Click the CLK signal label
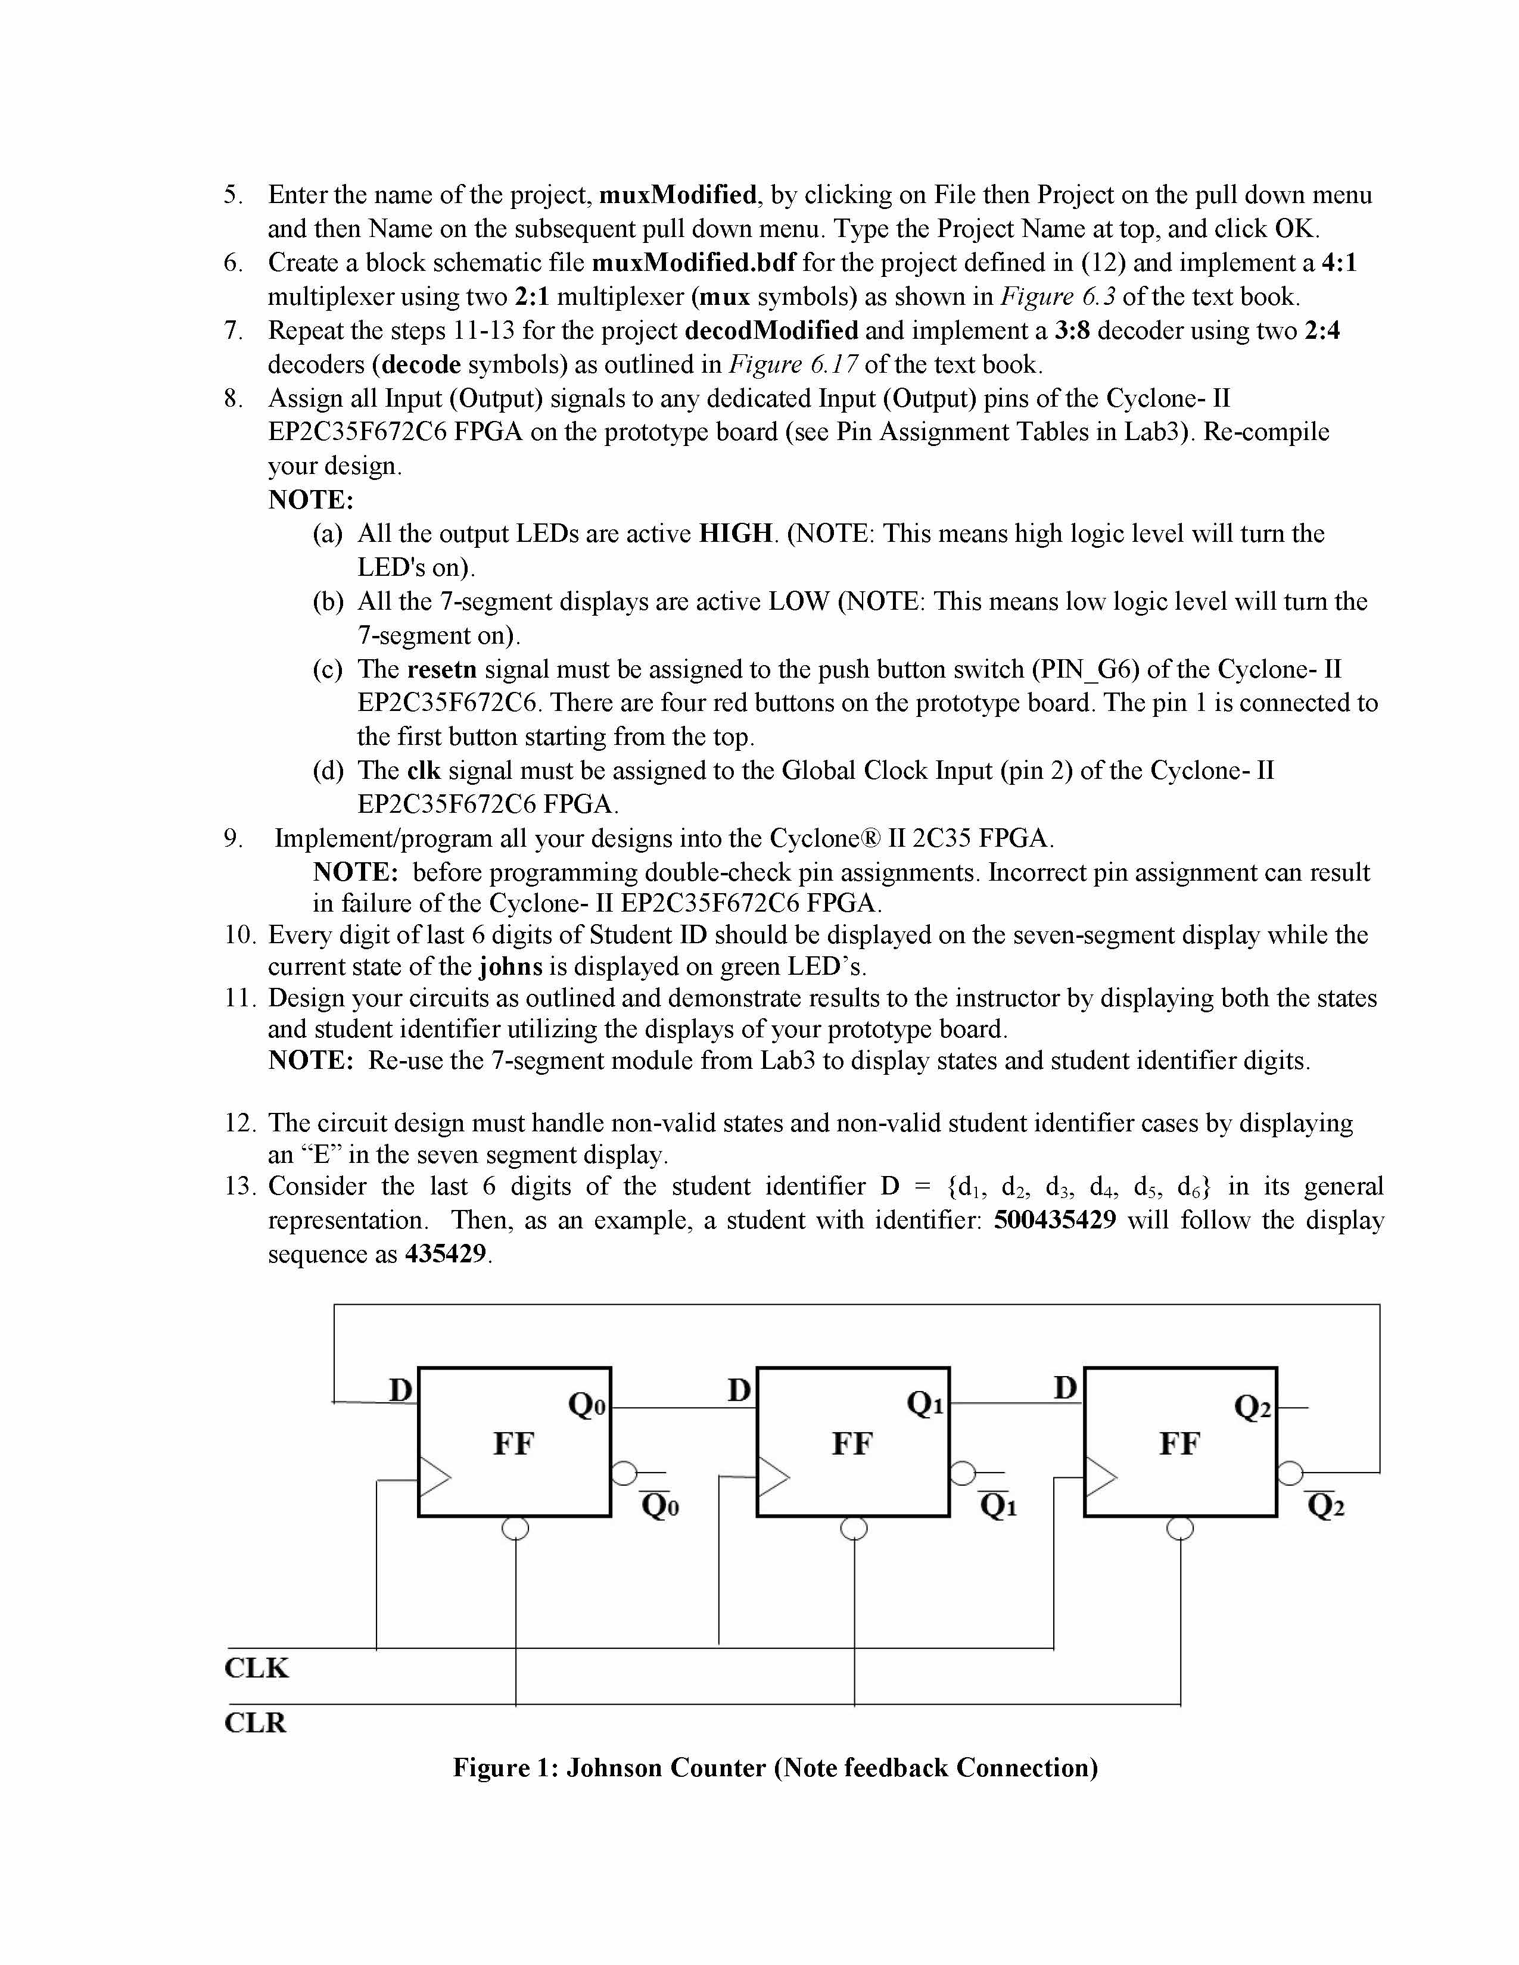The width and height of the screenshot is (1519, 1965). coord(257,1667)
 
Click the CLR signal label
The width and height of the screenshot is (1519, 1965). coord(255,1723)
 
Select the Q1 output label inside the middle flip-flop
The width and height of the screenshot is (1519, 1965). coord(925,1403)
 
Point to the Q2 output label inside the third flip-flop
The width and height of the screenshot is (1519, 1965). coord(1252,1406)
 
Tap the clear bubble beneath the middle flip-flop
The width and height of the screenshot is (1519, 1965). coord(853,1529)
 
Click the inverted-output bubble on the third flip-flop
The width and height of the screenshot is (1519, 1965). coord(1290,1473)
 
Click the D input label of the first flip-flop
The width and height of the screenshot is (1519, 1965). coord(400,1390)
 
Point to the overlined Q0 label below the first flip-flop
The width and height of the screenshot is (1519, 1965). coord(659,1505)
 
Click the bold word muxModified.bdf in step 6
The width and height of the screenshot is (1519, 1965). coord(694,263)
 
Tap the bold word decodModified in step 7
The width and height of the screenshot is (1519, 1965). coord(771,331)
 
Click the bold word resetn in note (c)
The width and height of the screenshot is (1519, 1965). coord(442,669)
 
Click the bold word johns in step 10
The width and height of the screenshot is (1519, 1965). coord(511,966)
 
